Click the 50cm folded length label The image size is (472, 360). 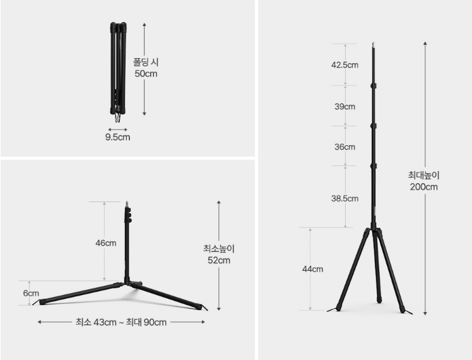pos(146,74)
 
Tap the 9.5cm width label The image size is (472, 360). pos(118,137)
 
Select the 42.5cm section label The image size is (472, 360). pos(345,65)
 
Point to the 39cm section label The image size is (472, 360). pos(345,106)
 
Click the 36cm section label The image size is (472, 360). pos(345,147)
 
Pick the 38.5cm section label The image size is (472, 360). pos(345,198)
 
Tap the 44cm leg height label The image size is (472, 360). pos(312,269)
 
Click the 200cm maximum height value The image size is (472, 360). pos(424,187)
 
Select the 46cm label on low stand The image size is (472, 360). pos(106,243)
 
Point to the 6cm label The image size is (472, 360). pos(31,293)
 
